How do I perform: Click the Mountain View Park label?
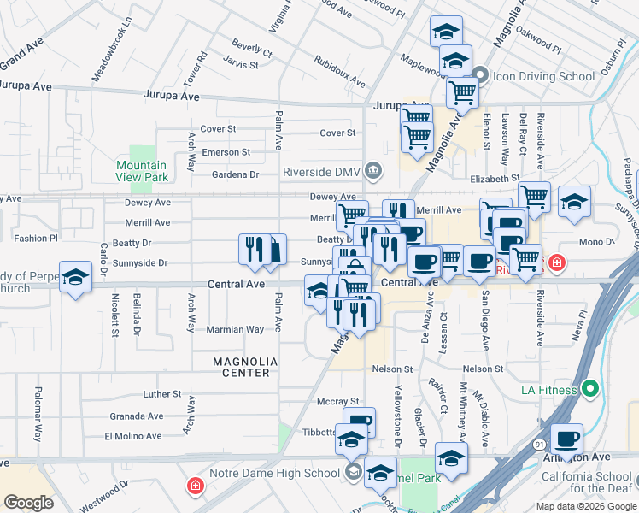coord(142,171)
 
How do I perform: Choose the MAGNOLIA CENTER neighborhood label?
coord(243,367)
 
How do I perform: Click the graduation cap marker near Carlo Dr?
coord(76,279)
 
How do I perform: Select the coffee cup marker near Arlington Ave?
coord(566,439)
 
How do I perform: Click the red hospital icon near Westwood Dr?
coord(196,486)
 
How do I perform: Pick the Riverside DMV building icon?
coord(373,170)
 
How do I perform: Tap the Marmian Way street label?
coord(235,329)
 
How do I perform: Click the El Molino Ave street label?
coord(132,436)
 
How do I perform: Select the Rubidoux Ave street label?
coord(339,72)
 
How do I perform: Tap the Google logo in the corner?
coord(28,503)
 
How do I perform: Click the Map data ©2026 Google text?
coord(585,506)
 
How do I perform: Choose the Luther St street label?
coord(162,394)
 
